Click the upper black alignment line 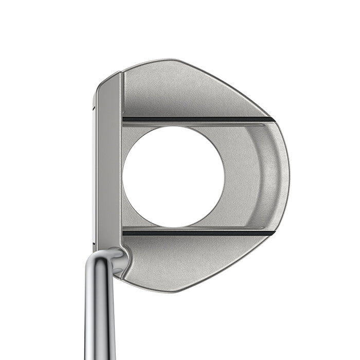click(x=198, y=120)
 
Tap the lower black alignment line click(x=198, y=232)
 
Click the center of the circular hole click(x=173, y=176)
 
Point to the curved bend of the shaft click(x=111, y=257)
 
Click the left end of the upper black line click(x=125, y=120)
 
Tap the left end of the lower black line click(x=125, y=232)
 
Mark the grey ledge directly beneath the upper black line click(x=198, y=125)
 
